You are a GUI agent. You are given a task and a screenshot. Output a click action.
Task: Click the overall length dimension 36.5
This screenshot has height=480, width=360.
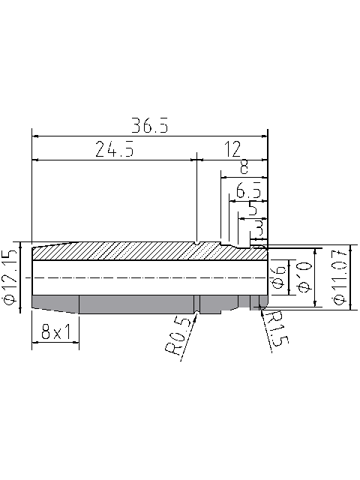149,125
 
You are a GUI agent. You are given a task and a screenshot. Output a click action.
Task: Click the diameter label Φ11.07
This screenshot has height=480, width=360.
340,277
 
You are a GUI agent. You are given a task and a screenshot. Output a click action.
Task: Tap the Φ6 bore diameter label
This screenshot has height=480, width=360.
277,275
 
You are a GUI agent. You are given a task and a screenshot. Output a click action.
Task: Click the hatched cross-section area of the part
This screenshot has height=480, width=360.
135,250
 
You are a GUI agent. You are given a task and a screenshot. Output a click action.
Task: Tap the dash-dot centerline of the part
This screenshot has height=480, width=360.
150,277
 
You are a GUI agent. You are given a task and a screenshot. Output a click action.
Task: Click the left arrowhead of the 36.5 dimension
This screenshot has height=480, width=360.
33,136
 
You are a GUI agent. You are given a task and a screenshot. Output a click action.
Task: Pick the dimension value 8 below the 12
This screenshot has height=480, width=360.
244,166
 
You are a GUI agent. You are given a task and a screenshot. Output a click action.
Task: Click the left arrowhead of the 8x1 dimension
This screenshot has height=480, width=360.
33,344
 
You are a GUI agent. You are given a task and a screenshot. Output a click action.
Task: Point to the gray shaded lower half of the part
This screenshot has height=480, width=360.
135,304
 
